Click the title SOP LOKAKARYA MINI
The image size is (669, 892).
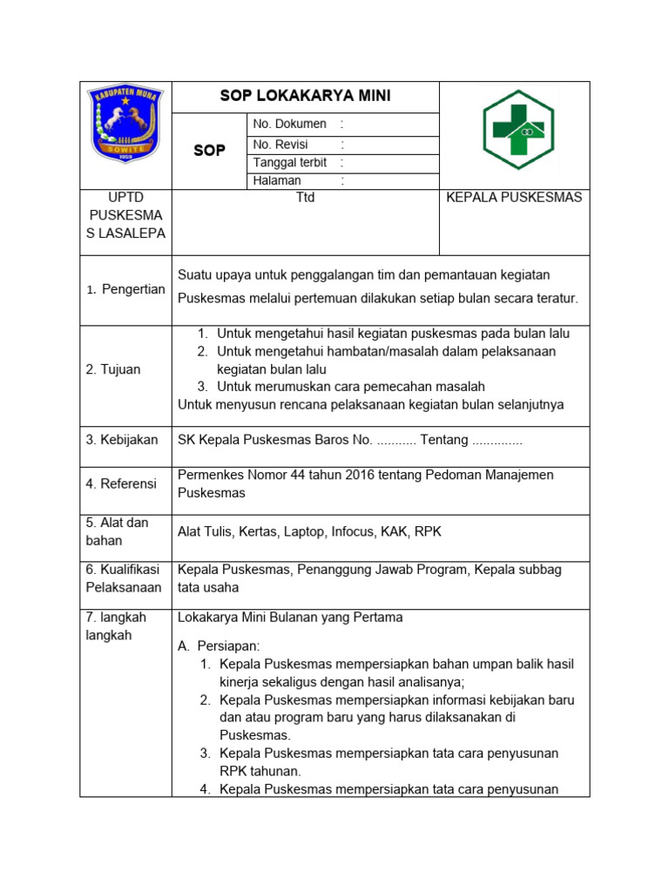pos(305,96)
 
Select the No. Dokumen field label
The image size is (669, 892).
pos(289,125)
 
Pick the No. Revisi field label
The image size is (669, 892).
pos(280,145)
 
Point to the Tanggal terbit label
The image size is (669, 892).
pos(289,163)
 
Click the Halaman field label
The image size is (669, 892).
pos(277,181)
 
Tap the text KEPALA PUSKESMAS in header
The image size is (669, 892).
pos(514,198)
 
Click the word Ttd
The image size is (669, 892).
pos(305,198)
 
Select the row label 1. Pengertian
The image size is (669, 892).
pos(125,289)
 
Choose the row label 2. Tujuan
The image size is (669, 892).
pos(113,369)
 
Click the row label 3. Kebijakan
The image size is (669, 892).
pos(122,440)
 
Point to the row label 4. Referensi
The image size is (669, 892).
pos(121,483)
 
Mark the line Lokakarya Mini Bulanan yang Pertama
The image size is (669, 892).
pos(290,618)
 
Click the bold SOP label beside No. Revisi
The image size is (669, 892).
pos(209,151)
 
